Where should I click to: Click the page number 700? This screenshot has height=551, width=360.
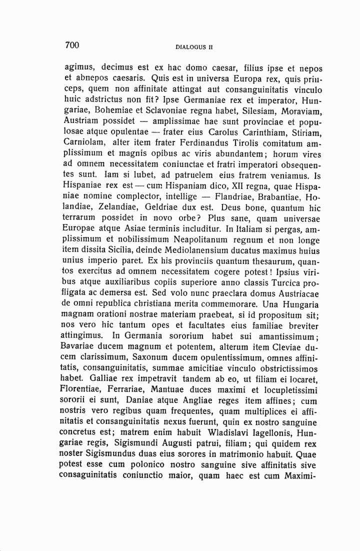point(72,45)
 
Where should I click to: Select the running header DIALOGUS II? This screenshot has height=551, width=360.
point(194,47)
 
